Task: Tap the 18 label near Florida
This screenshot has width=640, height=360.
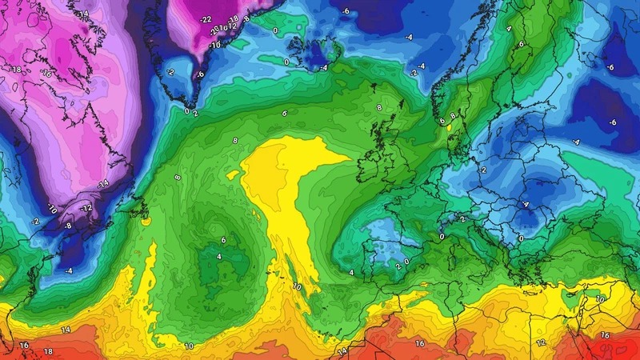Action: [x=48, y=351]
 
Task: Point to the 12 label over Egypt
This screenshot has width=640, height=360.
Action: [x=541, y=342]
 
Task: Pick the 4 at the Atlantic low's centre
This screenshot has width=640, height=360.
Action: [x=219, y=256]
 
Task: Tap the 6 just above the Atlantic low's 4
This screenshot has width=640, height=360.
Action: [x=223, y=240]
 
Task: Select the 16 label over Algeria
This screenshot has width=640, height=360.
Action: [x=420, y=343]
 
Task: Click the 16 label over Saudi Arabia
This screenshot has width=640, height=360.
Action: [x=606, y=335]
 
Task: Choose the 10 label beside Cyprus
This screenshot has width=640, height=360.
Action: [x=601, y=298]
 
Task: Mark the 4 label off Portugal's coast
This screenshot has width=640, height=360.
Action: [x=351, y=274]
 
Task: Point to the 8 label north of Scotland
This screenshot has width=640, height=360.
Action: [x=379, y=107]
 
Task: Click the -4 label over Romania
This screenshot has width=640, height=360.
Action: [x=526, y=204]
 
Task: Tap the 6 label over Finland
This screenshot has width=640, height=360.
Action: [x=521, y=44]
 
